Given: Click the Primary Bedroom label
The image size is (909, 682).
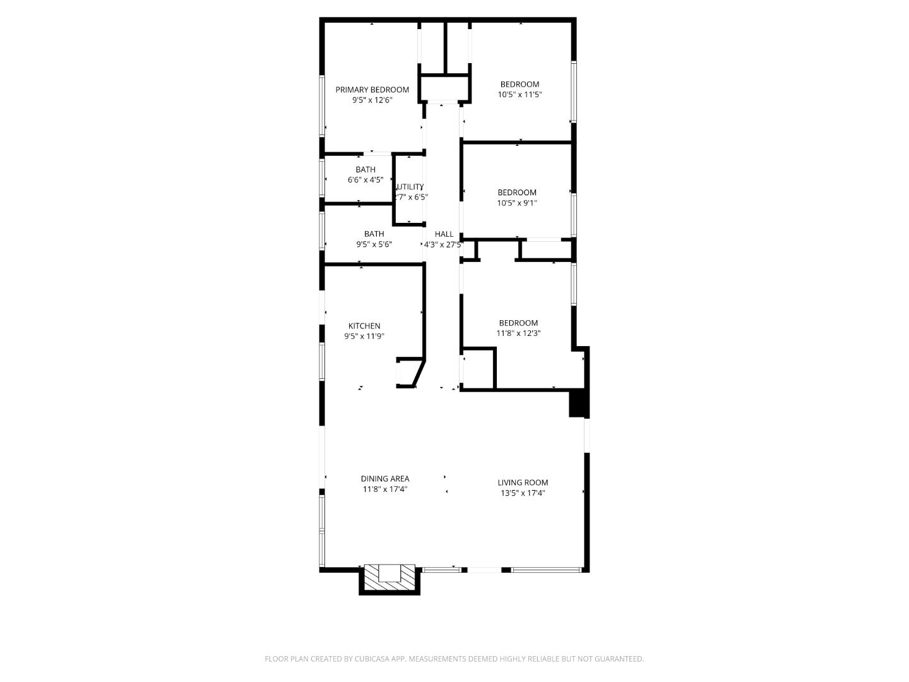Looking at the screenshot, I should tap(372, 90).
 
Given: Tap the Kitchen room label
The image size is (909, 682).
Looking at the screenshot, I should tap(364, 326).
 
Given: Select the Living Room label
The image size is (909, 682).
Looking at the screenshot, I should tap(523, 482).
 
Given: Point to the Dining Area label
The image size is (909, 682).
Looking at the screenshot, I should tap(385, 479).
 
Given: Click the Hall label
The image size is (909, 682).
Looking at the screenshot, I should tap(444, 234).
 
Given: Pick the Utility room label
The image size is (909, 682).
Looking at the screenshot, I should tap(410, 186).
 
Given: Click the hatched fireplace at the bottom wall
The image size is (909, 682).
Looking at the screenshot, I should tap(389, 578).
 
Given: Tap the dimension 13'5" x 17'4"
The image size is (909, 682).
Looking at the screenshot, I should tap(523, 493).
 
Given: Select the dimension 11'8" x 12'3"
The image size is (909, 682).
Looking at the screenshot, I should tap(519, 333).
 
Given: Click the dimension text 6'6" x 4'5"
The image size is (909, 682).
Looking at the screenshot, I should tap(365, 180).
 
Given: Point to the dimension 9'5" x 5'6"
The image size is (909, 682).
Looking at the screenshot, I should tap(374, 244).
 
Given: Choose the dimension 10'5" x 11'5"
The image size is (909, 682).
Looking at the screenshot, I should tap(520, 95).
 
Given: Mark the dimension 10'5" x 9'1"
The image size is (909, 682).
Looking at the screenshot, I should tap(517, 203).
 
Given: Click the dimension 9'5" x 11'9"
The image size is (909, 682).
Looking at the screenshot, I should tap(364, 337).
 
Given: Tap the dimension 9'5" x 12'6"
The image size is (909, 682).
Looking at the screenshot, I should tap(372, 100).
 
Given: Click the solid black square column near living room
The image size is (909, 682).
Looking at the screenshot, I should tap(578, 404).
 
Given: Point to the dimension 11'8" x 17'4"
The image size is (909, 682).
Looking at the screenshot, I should tap(385, 489).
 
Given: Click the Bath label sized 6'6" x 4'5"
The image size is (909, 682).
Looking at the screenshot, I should tap(365, 169).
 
